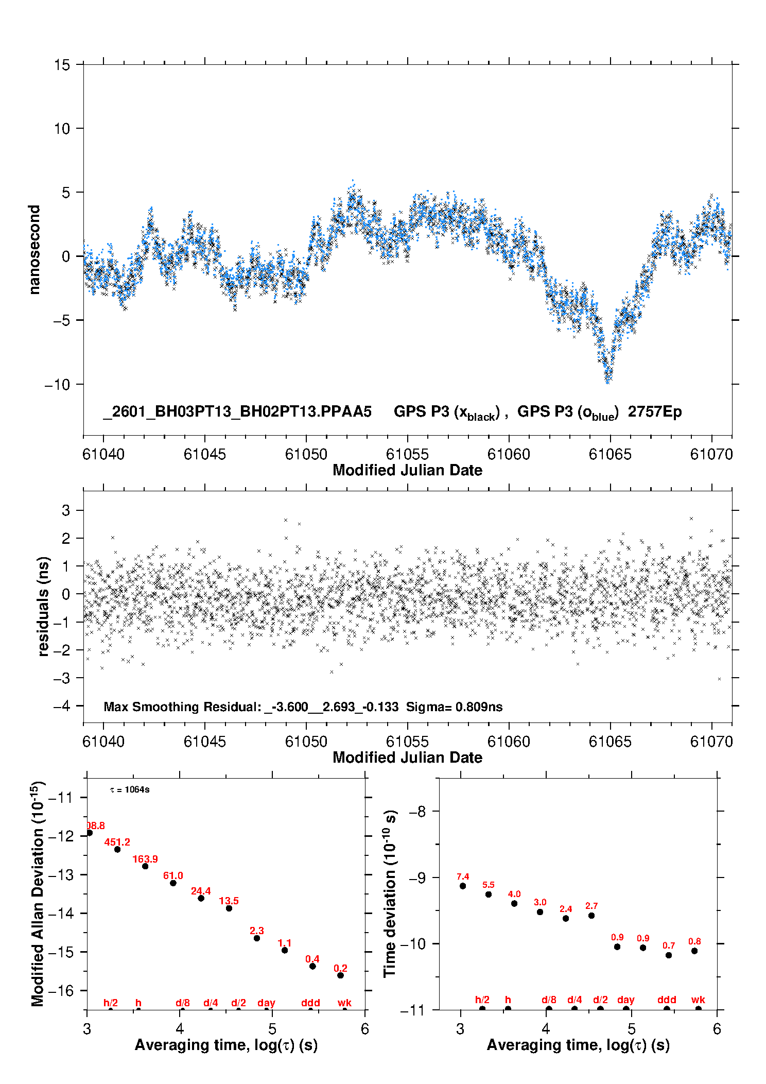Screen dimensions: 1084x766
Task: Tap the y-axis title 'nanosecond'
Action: (34, 249)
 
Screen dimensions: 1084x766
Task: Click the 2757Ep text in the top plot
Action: (654, 412)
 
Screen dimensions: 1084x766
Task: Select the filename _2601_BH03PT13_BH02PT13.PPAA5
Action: (237, 412)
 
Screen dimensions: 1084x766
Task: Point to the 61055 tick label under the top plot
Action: (407, 454)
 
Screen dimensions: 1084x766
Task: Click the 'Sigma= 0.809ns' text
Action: (454, 707)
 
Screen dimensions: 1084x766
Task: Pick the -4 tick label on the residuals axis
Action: (62, 706)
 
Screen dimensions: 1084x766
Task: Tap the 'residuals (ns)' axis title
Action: (43, 606)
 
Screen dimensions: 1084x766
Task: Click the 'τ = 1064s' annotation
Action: (130, 790)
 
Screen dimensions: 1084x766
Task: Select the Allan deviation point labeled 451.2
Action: (117, 849)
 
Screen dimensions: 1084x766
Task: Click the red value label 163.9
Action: (145, 859)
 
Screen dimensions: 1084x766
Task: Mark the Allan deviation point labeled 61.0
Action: (173, 883)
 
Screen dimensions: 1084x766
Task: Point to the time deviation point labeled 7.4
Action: (463, 886)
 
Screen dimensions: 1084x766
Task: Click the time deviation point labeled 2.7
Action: (591, 915)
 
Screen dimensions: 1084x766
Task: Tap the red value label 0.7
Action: (669, 945)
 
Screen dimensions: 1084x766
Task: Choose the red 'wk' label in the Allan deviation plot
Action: (344, 1003)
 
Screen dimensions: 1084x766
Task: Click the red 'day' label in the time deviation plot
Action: (626, 1000)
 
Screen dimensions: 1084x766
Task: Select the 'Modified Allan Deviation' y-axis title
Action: (38, 894)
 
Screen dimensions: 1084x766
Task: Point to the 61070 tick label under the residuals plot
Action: (711, 742)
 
